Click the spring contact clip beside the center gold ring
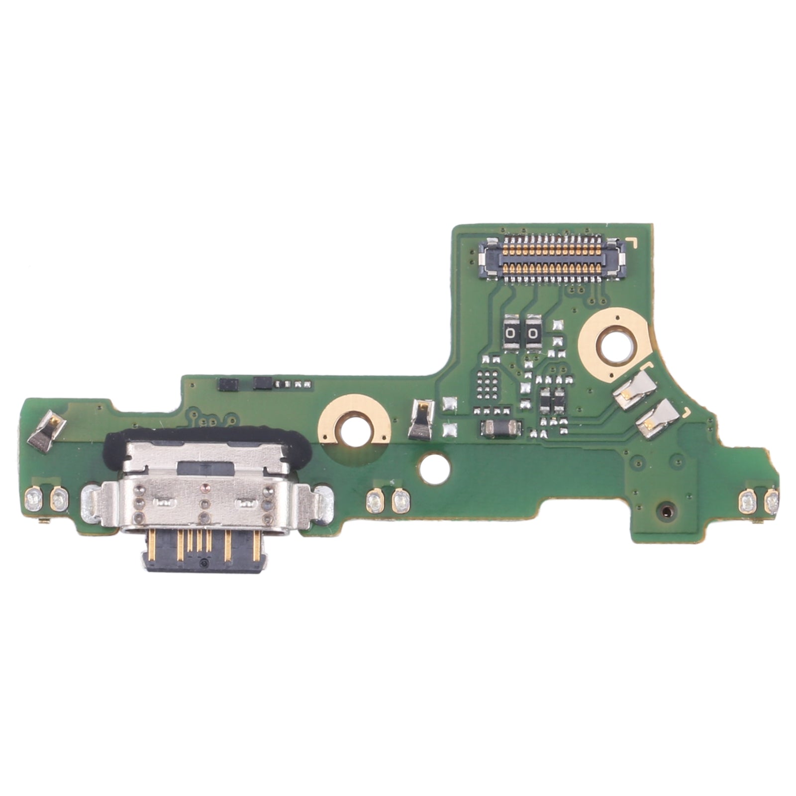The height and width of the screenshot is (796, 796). click(421, 420)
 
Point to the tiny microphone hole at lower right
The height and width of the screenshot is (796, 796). click(666, 510)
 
